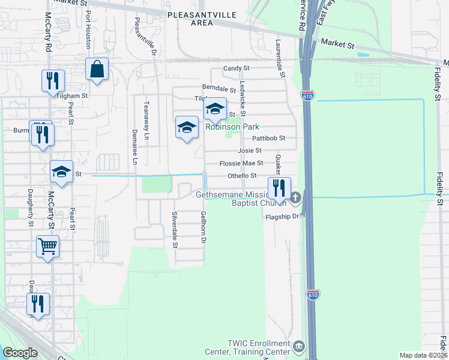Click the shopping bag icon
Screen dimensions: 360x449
97,69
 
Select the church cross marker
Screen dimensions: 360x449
295,197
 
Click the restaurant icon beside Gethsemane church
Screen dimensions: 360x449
279,188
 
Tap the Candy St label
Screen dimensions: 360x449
236,69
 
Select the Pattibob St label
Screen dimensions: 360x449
268,138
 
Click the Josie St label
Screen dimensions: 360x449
250,151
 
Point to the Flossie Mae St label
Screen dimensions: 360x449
241,163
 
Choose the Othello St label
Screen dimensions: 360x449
242,176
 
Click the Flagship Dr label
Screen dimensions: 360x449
282,217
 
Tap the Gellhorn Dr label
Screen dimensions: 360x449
203,227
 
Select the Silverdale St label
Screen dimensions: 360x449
175,229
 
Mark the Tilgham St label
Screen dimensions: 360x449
73,95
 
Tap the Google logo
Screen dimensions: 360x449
20,353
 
